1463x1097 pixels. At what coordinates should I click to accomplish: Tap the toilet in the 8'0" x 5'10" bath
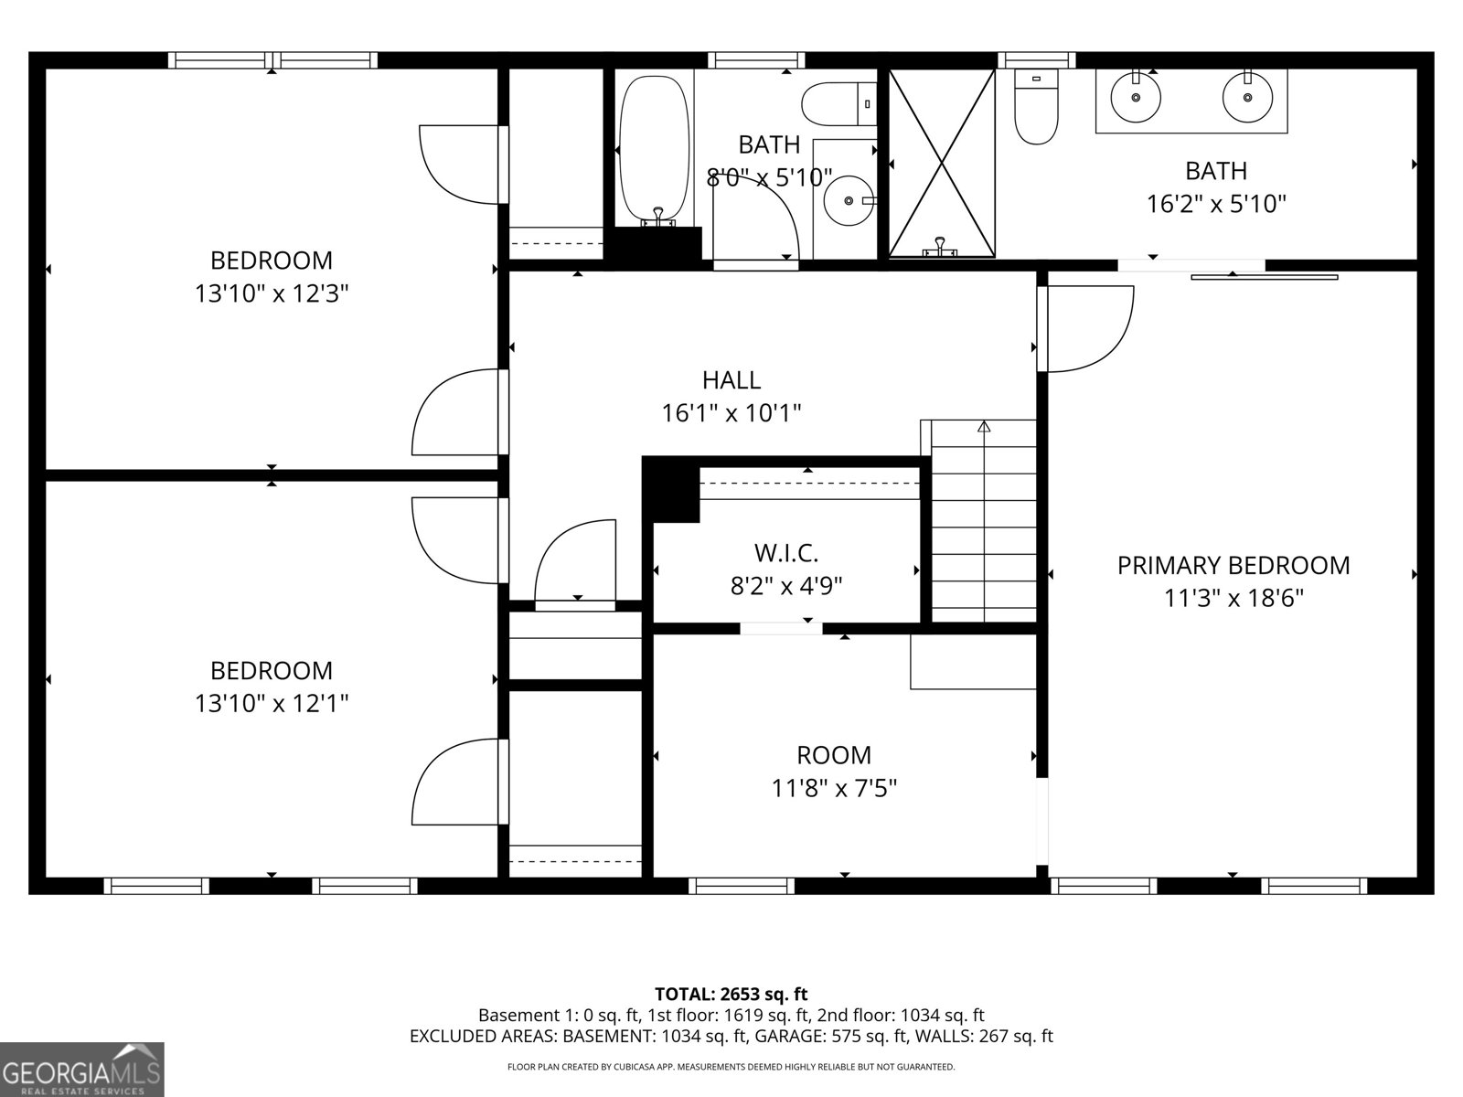coord(836,103)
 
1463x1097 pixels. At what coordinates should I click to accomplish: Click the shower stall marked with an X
coord(942,163)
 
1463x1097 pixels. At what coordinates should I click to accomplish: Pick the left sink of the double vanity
coord(1136,96)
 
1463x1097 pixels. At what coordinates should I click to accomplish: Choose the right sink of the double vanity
coord(1247,96)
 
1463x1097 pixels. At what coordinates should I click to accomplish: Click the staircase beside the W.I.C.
coord(984,521)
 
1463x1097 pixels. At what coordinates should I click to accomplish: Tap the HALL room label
coord(731,379)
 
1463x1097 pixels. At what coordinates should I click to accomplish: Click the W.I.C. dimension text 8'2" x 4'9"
coord(786,586)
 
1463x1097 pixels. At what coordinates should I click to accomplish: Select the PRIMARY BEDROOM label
coord(1233,565)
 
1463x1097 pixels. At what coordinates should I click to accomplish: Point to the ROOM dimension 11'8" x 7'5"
coord(834,788)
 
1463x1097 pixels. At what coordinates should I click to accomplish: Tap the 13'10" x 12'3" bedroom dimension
coord(272,293)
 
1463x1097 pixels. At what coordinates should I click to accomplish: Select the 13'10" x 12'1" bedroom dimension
coord(272,703)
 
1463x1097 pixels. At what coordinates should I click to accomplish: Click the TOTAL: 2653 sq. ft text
coord(731,994)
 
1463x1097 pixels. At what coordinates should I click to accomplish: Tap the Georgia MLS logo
coord(81,1070)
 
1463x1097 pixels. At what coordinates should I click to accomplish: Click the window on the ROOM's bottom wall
coord(742,885)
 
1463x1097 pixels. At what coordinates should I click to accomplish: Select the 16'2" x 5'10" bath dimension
coord(1216,203)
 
